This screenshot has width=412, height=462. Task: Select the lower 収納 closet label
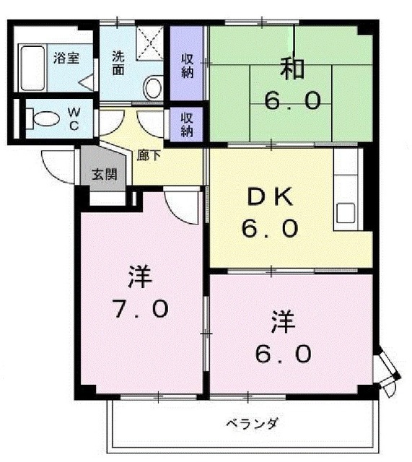[187, 123]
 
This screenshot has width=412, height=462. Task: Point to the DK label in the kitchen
[269, 196]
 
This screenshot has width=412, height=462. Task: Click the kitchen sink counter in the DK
[346, 199]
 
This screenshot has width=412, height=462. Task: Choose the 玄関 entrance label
[101, 174]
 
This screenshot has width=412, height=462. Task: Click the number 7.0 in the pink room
[141, 308]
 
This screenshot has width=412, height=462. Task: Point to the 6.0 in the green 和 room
[292, 100]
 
